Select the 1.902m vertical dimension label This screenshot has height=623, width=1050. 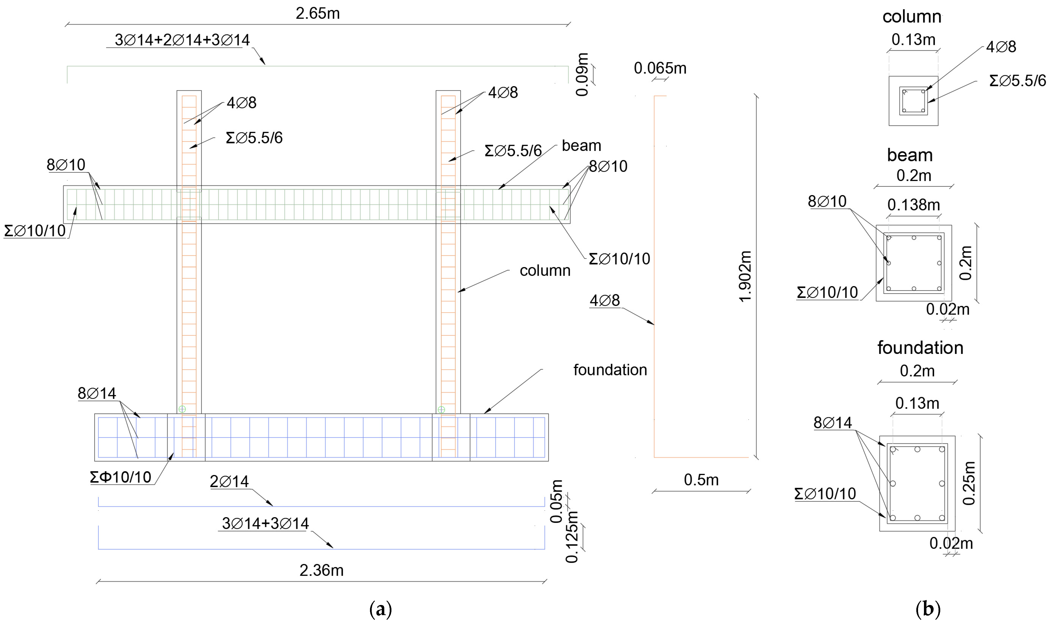pyautogui.click(x=745, y=276)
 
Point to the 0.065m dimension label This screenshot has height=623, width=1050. pyautogui.click(x=660, y=68)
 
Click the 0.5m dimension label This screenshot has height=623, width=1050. pyautogui.click(x=701, y=480)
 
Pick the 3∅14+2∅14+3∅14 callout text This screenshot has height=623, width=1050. pyautogui.click(x=182, y=40)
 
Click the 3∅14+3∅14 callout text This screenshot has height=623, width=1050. pyautogui.click(x=265, y=524)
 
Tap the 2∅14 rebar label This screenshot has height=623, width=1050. pyautogui.click(x=229, y=481)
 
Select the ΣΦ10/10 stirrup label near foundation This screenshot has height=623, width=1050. pyautogui.click(x=121, y=477)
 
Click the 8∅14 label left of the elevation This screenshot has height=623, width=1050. pyautogui.click(x=97, y=393)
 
